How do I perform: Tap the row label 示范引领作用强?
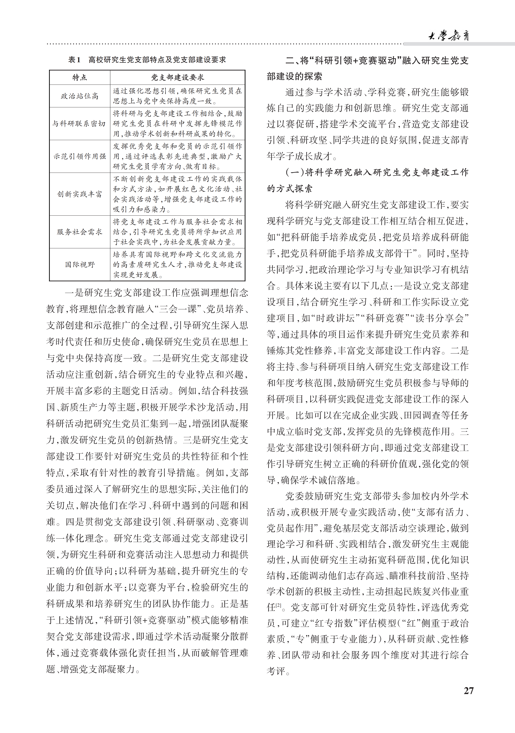(x=80, y=156)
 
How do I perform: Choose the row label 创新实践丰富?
(x=80, y=194)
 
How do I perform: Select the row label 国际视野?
(x=80, y=265)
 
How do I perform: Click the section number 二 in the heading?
(x=290, y=61)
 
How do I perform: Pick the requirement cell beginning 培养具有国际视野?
(x=177, y=265)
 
